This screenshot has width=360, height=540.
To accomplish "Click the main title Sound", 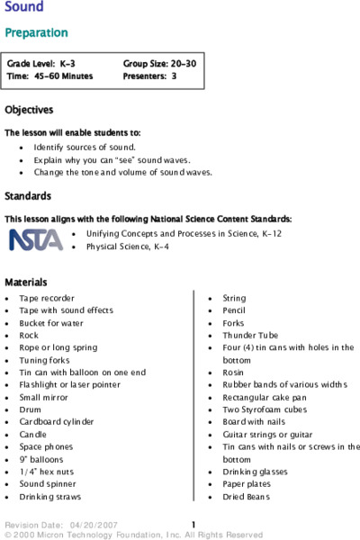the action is click(24, 8).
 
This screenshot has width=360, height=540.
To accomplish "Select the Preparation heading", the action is click(36, 32).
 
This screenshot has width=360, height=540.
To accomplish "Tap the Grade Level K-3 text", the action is click(42, 64).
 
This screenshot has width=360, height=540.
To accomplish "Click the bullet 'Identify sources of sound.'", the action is click(85, 146).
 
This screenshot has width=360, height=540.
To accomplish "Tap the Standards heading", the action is click(27, 195).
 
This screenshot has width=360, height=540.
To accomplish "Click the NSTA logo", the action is click(36, 238).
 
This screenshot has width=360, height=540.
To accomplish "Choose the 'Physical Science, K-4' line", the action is click(127, 246).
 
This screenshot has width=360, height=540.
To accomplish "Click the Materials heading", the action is click(25, 282).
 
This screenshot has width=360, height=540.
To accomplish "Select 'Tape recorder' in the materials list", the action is click(47, 298).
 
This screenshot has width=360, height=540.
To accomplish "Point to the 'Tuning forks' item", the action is click(45, 360).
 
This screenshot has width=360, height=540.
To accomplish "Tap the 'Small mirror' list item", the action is click(46, 397).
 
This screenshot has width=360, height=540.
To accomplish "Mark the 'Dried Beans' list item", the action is click(245, 496).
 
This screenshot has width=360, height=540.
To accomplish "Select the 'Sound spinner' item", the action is click(49, 483).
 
